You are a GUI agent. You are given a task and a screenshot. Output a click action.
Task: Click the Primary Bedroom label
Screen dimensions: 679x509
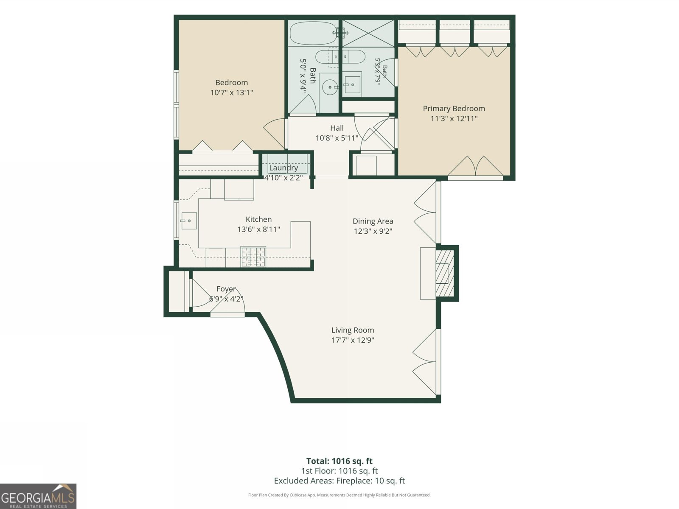pos(454,109)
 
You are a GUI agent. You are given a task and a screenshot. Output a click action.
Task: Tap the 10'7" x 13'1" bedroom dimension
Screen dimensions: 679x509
pos(232,92)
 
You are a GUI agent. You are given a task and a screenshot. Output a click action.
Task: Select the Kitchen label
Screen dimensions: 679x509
pos(258,219)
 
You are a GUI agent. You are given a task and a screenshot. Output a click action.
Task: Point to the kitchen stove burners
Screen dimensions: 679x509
pos(253,257)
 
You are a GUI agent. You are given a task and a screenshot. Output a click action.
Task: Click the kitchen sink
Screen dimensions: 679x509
pos(189,221)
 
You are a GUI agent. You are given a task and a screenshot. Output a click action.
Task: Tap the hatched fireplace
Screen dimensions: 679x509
pos(445,273)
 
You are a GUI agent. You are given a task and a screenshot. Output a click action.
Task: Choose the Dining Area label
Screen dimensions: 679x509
pos(373,221)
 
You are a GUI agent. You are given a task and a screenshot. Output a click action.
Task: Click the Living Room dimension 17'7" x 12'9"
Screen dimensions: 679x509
pos(353,340)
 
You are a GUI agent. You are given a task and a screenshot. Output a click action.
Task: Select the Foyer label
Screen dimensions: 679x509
pos(226,289)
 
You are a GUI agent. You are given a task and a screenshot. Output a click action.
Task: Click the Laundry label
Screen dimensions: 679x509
pos(283,168)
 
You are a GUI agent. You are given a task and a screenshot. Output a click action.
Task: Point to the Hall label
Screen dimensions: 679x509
pos(337,128)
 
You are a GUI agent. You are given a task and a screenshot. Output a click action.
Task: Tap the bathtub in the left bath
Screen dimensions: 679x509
pos(314,33)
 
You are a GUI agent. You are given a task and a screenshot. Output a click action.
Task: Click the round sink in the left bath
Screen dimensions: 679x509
pos(330,87)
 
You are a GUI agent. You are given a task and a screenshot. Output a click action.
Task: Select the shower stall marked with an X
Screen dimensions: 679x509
pos(368,34)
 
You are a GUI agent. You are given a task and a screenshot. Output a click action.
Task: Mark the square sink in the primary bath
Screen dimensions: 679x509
pos(352,84)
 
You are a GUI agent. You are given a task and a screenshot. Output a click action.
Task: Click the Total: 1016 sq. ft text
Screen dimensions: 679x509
pos(339,461)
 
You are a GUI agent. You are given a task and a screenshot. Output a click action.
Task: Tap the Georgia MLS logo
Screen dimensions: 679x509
pos(38,496)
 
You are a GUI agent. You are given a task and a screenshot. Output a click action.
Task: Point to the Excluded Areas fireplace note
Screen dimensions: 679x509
pos(339,481)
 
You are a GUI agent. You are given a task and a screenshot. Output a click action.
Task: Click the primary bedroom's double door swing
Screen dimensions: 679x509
pos(475,166)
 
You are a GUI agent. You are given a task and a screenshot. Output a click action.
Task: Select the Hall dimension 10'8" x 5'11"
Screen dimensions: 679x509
pos(337,138)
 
